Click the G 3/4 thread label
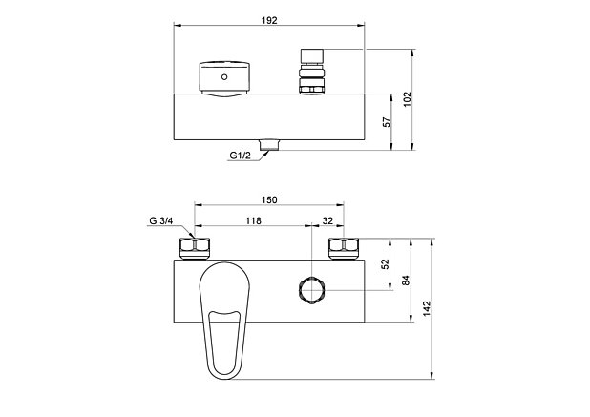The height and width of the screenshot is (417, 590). coord(160,221)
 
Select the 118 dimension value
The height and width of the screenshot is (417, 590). coord(253,221)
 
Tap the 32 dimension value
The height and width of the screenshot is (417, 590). coord(327,221)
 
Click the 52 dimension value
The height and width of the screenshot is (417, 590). coord(386,264)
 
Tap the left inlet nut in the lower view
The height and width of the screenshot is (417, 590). coord(195,250)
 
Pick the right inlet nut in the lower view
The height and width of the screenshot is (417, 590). coord(342,250)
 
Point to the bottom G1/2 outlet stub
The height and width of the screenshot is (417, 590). coord(268,144)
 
